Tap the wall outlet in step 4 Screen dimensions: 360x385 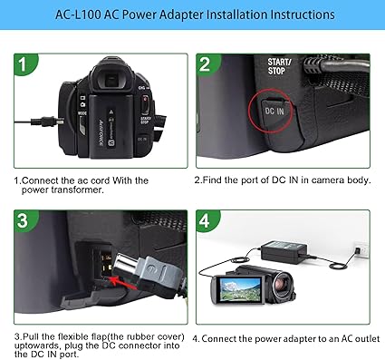pyautogui.click(x=360, y=247)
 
